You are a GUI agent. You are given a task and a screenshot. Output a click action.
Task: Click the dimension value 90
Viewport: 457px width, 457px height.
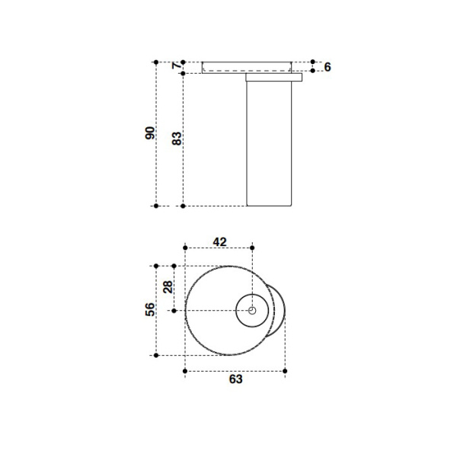pos(151,133)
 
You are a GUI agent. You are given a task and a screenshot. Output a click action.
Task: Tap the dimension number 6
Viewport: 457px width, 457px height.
pos(327,67)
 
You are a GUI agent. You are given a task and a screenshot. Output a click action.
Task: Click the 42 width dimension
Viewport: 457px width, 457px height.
pos(219,241)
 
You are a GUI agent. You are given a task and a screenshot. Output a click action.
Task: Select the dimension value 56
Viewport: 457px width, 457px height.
pos(151,309)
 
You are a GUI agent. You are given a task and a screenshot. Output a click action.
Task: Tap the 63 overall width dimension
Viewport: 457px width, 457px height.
pos(235,380)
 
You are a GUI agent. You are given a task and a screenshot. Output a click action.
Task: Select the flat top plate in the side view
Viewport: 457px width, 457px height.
pos(248,67)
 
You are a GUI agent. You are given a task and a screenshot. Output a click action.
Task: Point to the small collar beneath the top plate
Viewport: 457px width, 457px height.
pos(273,77)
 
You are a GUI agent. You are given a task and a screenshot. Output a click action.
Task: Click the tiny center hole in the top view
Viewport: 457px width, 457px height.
pos(252,310)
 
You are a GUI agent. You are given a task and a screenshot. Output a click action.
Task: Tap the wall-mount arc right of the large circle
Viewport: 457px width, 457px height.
pos(280,310)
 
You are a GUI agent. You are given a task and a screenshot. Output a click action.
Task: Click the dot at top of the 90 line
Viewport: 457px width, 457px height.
pos(155,62)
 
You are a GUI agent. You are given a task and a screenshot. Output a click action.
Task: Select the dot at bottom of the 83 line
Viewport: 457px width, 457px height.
pos(183,206)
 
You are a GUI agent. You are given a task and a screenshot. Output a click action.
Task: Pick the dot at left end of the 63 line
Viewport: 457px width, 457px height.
pos(186,371)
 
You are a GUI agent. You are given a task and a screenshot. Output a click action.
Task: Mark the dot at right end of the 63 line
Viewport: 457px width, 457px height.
pos(285,371)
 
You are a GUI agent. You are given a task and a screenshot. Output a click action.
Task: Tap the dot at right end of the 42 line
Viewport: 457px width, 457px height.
pos(252,247)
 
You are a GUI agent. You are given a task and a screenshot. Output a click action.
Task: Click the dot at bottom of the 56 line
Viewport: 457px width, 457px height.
pos(155,355)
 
